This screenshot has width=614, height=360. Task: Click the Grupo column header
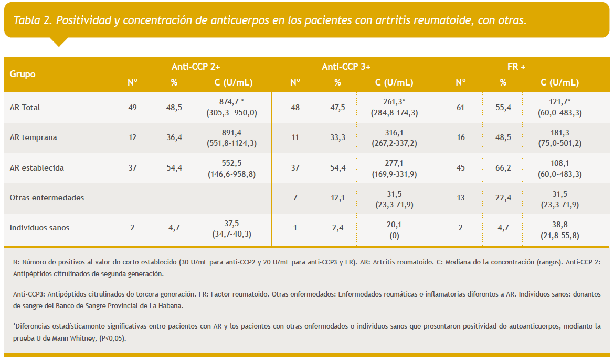[23, 74]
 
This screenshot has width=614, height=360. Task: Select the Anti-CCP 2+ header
[196, 67]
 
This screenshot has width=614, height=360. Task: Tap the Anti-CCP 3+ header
[346, 67]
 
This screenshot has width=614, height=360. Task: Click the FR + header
[516, 67]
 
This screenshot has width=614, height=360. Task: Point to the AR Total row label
[25, 108]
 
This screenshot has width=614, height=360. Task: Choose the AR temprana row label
[34, 137]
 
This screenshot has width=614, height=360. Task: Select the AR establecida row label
[37, 168]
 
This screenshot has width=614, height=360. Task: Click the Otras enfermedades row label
[47, 198]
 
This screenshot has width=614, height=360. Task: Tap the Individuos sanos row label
[39, 228]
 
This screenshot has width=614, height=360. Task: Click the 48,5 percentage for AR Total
[174, 108]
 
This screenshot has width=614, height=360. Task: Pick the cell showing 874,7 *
[232, 102]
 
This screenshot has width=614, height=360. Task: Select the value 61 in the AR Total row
[461, 108]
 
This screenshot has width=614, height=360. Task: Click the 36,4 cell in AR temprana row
[174, 137]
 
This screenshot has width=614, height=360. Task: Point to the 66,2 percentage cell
[503, 168]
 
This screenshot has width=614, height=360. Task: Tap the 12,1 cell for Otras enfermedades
[337, 198]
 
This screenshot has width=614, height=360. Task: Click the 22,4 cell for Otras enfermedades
[503, 198]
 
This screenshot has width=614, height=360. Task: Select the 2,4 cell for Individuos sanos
[337, 228]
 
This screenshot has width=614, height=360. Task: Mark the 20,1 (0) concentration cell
[394, 229]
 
